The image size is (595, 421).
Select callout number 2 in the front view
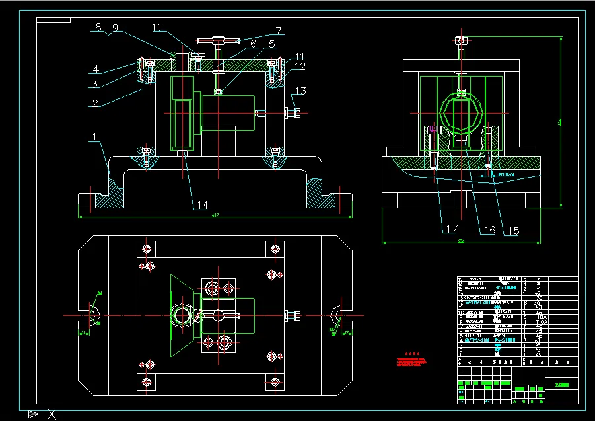(95, 103)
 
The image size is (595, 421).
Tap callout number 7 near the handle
(279, 30)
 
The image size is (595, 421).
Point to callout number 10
(158, 28)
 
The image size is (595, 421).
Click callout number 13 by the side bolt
(300, 91)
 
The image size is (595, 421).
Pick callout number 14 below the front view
(201, 205)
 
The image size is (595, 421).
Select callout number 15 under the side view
(513, 231)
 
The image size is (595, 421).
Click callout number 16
(489, 230)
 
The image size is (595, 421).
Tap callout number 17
(452, 230)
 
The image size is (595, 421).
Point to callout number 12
(300, 66)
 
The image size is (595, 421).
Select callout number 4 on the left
(96, 69)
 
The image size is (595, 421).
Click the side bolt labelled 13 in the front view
(291, 112)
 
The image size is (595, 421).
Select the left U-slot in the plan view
(92, 317)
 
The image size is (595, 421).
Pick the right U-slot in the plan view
(338, 317)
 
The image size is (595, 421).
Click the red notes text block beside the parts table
(412, 362)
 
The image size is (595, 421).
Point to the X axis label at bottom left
(52, 414)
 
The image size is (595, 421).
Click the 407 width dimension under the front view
(215, 215)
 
